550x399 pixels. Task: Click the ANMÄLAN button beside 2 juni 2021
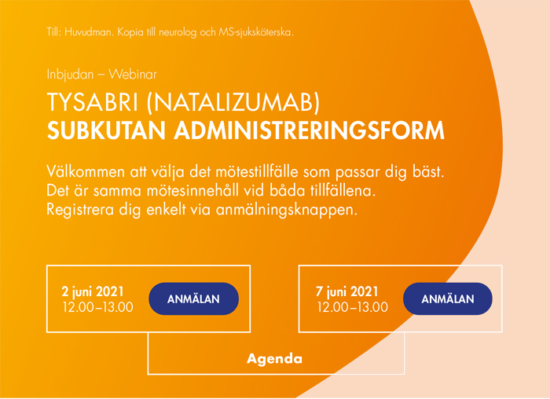(193, 298)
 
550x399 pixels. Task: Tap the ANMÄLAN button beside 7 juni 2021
(448, 298)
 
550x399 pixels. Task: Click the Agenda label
(275, 359)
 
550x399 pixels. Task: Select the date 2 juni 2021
(93, 291)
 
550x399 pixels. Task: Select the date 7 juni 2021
(347, 291)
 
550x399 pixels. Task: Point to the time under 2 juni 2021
(98, 306)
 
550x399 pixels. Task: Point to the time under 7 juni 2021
(353, 306)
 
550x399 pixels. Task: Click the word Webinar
(133, 75)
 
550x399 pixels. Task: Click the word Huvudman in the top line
(89, 33)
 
